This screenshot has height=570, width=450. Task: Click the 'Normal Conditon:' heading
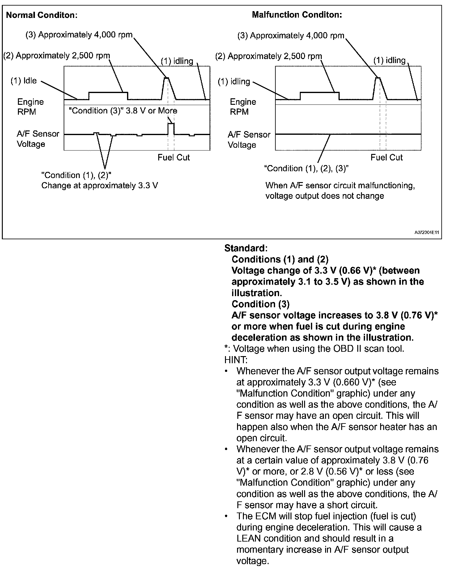(42, 15)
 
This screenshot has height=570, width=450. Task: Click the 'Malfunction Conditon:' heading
(297, 15)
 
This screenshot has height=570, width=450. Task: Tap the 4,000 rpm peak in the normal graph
(167, 78)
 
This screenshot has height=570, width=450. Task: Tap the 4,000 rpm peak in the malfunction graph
(378, 78)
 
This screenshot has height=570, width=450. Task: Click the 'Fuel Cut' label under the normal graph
(173, 157)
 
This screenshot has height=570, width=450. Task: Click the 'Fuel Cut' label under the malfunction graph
(386, 157)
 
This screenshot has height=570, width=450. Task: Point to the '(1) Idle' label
(23, 81)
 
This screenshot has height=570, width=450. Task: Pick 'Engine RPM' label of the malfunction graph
(243, 107)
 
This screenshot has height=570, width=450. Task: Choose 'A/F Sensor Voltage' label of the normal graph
(38, 139)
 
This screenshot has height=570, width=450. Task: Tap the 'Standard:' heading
(246, 248)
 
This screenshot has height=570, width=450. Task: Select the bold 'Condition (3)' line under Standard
(261, 304)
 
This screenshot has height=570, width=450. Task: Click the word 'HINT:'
(236, 360)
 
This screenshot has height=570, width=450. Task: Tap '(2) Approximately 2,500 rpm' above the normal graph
(57, 56)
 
